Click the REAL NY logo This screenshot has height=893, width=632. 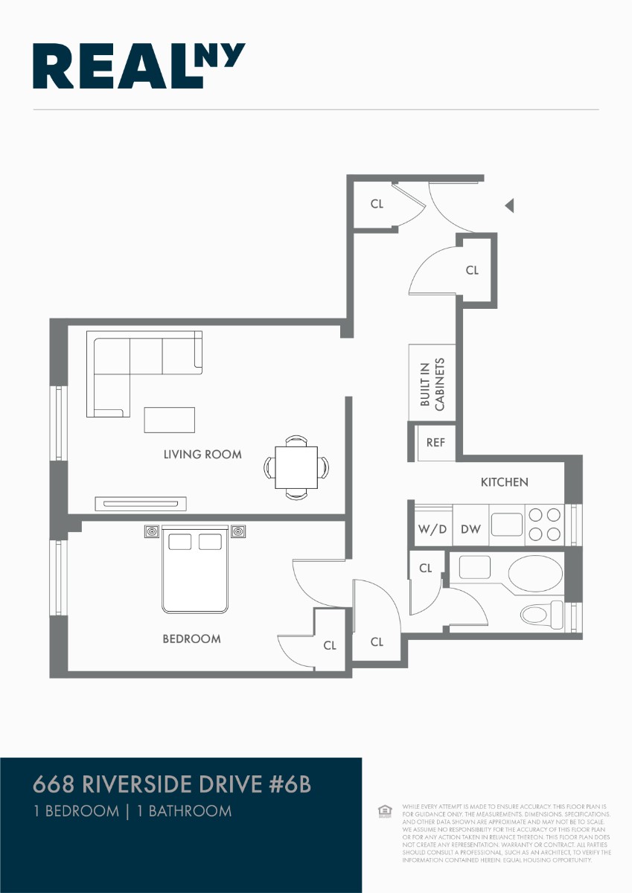(138, 66)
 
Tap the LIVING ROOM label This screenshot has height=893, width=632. (202, 454)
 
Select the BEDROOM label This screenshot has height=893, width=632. (191, 638)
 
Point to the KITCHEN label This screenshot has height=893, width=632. (504, 482)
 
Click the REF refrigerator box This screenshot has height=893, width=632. (435, 443)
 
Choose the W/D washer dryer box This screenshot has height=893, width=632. (432, 529)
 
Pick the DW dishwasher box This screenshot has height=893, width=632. (470, 529)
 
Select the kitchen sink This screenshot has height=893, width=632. (507, 524)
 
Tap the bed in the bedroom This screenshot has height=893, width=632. (195, 569)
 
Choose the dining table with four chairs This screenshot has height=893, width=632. (296, 467)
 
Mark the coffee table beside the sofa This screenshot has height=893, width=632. (169, 420)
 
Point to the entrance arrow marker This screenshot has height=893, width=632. (509, 205)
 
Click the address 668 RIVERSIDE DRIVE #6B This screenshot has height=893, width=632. (172, 784)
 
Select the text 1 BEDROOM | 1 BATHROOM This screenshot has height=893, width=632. (133, 811)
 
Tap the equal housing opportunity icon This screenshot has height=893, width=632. (384, 811)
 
